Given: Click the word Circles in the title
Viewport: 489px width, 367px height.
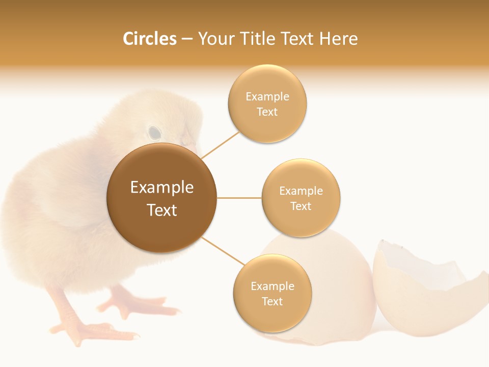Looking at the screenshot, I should pyautogui.click(x=150, y=39).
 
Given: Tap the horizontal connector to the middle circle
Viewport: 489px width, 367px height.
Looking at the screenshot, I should pyautogui.click(x=239, y=198).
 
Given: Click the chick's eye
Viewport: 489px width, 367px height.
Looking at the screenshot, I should pyautogui.click(x=154, y=133).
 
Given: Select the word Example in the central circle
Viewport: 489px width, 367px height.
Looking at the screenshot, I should pyautogui.click(x=162, y=188).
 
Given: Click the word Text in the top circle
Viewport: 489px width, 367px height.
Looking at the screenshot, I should pyautogui.click(x=267, y=112).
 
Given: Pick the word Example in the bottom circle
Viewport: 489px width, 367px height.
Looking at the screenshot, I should pyautogui.click(x=273, y=286).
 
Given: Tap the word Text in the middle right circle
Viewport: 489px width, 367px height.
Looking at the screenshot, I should pyautogui.click(x=301, y=206).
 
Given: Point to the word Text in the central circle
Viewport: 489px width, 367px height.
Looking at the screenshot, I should pyautogui.click(x=162, y=210).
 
